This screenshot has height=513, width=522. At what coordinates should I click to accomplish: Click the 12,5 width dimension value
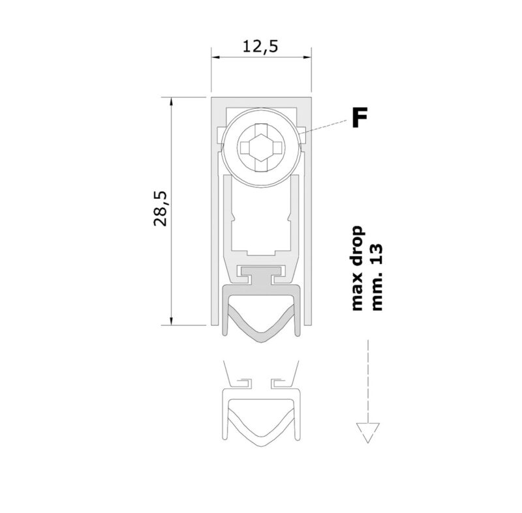pyautogui.click(x=260, y=46)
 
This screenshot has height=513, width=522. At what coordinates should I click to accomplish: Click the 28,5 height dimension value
pyautogui.click(x=160, y=209)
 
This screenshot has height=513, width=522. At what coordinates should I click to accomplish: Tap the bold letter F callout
pyautogui.click(x=360, y=117)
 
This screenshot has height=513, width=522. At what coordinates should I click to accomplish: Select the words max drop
pyautogui.click(x=356, y=268)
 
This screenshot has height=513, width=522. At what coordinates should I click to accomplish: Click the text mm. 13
pyautogui.click(x=376, y=278)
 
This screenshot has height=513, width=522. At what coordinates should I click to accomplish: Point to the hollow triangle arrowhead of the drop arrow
pyautogui.click(x=367, y=433)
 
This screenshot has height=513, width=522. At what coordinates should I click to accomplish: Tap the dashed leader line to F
pyautogui.click(x=323, y=127)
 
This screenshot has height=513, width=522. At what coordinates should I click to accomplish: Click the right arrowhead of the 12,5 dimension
pyautogui.click(x=307, y=57)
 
